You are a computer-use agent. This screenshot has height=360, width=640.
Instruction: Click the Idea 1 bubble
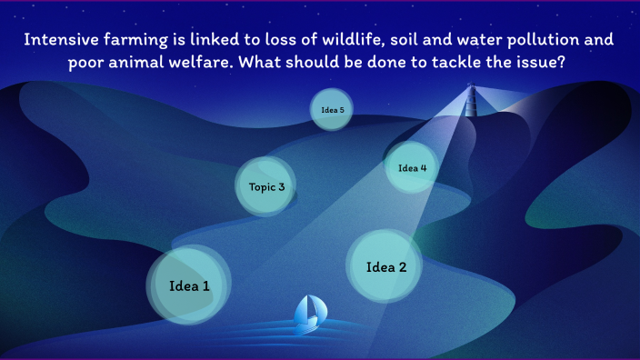(189, 285)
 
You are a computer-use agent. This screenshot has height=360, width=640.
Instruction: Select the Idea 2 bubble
(384, 266)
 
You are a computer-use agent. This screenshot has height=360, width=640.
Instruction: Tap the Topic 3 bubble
(266, 187)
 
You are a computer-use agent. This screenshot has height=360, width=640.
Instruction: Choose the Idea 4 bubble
(412, 167)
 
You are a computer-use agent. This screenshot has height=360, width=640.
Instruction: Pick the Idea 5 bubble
(332, 110)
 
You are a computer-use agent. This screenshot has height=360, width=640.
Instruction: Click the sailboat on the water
(308, 312)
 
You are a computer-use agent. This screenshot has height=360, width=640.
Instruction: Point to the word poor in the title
(87, 63)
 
